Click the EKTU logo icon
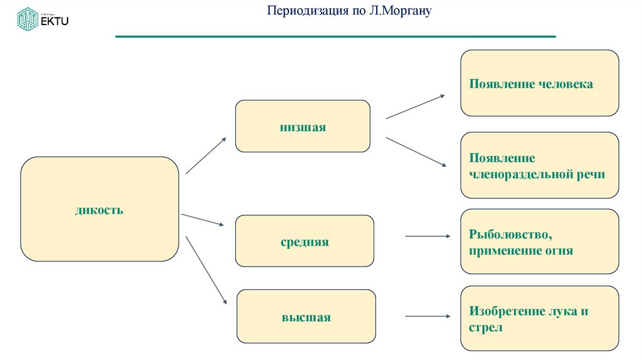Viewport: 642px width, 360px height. point(28,19)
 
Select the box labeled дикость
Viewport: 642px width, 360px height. point(100,209)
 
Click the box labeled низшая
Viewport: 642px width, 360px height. point(302,126)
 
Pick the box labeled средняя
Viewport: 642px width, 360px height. point(304,241)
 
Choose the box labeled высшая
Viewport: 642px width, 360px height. point(306,317)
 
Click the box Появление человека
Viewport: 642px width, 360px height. point(539,83)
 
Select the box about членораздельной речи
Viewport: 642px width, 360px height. point(539,166)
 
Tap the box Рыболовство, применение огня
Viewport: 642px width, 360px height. point(539,241)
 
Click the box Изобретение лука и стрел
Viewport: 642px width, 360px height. point(539,319)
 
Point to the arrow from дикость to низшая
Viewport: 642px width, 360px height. point(206,156)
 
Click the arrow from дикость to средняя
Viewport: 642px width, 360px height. point(203,220)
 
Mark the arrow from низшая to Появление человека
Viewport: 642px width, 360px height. point(415,107)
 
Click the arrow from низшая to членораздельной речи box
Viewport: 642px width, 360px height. point(416,152)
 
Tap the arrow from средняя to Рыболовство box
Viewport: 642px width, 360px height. point(428,236)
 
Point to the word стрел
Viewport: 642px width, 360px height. point(485,327)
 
